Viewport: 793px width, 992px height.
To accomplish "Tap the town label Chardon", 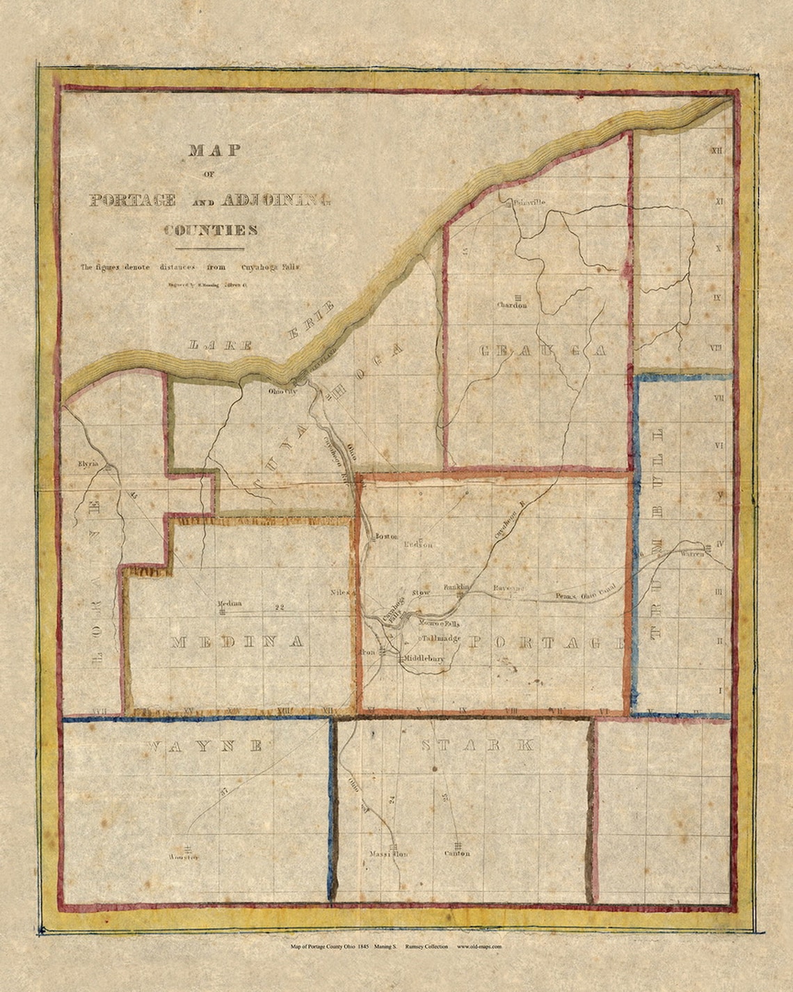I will [x=514, y=304].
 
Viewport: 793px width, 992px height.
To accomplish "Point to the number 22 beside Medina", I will [x=280, y=607].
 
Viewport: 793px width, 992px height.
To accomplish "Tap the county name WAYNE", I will [x=205, y=746].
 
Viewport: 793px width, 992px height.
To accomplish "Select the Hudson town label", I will [x=417, y=545].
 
